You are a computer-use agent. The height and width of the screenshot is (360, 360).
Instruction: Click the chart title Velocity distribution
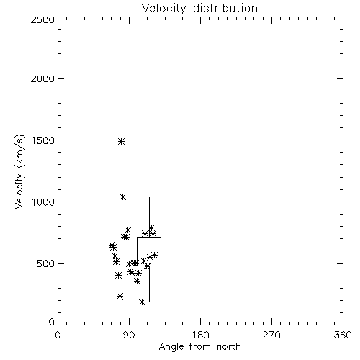click(x=199, y=9)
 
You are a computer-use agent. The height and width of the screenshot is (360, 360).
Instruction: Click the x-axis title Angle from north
click(x=200, y=347)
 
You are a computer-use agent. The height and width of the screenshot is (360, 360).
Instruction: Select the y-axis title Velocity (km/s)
click(x=19, y=171)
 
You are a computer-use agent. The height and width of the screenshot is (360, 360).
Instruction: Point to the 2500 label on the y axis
click(x=42, y=19)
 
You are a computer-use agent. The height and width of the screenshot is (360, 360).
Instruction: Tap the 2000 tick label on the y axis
click(x=42, y=79)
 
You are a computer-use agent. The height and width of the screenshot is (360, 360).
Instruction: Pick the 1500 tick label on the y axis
click(x=43, y=140)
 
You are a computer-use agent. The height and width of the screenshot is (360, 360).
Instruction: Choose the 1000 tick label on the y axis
click(x=43, y=202)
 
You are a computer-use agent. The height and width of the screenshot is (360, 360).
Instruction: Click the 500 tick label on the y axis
click(x=46, y=264)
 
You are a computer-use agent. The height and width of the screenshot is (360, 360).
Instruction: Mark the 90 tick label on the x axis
click(x=129, y=335)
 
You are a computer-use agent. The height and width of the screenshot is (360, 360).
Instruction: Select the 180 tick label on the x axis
click(x=200, y=335)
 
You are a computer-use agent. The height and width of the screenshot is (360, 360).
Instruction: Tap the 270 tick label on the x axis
click(x=271, y=335)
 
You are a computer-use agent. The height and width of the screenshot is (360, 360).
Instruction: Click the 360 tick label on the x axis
click(x=343, y=335)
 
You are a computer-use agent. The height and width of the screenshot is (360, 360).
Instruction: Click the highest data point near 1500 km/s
click(x=122, y=141)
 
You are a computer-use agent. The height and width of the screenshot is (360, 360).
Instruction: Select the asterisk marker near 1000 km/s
click(x=123, y=197)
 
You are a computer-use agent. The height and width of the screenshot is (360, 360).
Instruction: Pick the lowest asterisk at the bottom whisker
click(x=143, y=302)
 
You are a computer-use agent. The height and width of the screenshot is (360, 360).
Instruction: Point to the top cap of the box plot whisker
click(x=149, y=197)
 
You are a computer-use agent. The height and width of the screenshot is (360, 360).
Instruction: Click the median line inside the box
click(x=149, y=261)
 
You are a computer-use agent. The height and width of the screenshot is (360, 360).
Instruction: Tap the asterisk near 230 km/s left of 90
click(x=120, y=297)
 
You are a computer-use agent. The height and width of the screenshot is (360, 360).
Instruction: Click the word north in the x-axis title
click(x=229, y=347)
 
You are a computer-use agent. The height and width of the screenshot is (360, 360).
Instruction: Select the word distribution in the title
click(x=225, y=9)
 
